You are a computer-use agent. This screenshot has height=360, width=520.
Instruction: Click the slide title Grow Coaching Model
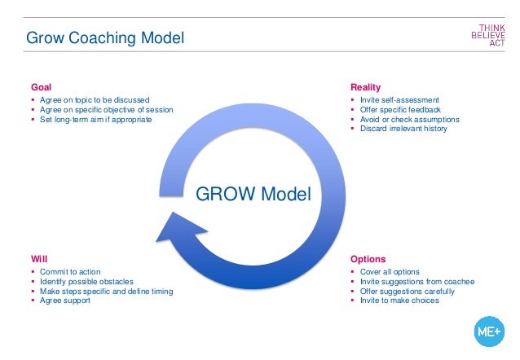point(105,37)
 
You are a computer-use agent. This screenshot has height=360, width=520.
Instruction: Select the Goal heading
point(41,87)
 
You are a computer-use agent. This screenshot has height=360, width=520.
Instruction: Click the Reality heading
point(365,87)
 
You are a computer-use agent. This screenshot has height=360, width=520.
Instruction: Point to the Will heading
point(37,259)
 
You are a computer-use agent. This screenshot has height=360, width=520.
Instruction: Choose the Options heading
point(368,259)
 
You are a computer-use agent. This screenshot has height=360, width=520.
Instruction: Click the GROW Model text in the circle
point(254,195)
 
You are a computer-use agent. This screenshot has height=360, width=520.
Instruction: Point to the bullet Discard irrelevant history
point(403,129)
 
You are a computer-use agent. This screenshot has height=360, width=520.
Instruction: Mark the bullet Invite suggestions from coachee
point(417,282)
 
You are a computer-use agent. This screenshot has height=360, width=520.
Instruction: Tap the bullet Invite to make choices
point(399,301)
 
